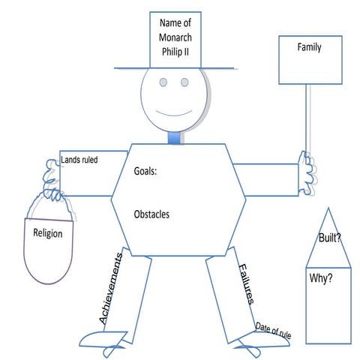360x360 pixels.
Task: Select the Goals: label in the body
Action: click(146, 172)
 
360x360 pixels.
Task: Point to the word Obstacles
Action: click(151, 214)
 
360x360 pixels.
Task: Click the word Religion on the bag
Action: click(48, 233)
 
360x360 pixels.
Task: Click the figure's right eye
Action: click(186, 82)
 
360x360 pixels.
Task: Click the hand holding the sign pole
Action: click(307, 169)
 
